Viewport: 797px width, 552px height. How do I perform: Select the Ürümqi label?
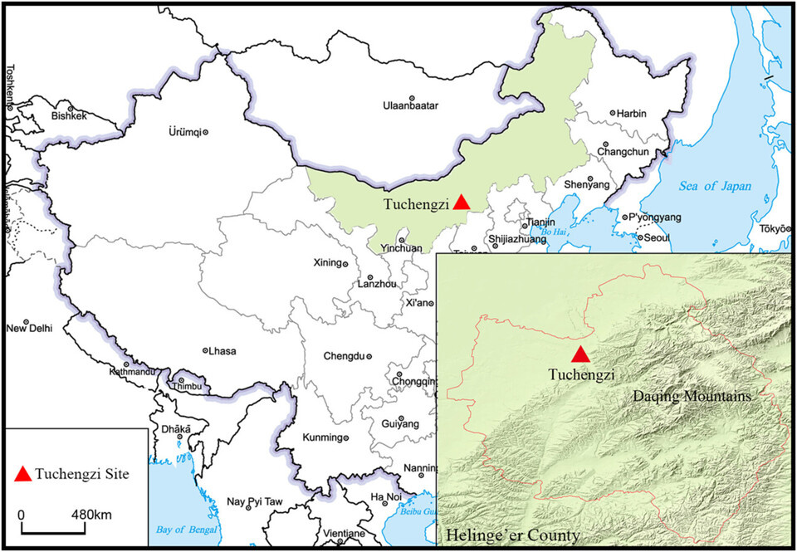coord(185,131)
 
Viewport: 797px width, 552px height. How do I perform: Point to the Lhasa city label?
coord(224,351)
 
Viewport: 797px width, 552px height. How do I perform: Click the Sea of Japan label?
coord(714,187)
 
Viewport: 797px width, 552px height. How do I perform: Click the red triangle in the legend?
coord(24,473)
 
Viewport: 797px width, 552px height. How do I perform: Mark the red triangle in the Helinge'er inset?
coord(582,354)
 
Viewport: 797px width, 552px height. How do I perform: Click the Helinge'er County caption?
coord(512,534)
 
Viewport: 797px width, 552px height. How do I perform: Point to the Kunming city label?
coord(320,437)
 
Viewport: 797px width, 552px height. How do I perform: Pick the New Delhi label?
coord(29,328)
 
